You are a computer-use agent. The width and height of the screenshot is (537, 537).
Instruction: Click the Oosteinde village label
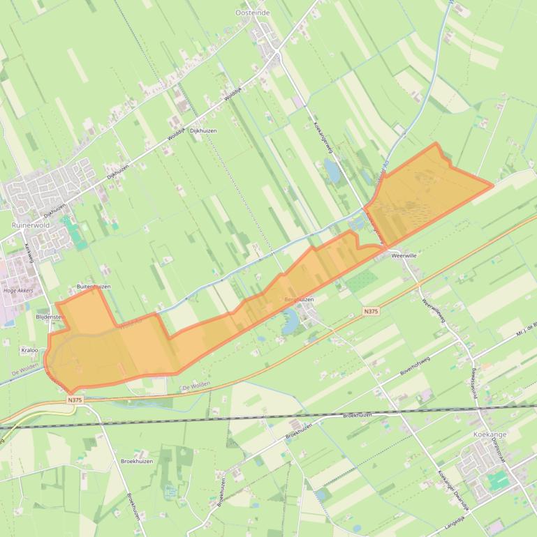coord(253,13)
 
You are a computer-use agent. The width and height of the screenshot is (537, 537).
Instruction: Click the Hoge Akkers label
coord(18,291)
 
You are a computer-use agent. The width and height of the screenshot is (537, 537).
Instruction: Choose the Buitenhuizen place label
coord(94,287)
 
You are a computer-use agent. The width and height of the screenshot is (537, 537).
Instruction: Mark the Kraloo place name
coord(30,350)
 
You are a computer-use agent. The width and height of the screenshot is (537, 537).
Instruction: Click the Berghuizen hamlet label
coord(299,299)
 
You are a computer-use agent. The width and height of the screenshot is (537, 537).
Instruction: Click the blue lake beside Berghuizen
coord(290,320)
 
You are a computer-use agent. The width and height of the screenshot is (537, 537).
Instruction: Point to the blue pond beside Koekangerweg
coord(332,169)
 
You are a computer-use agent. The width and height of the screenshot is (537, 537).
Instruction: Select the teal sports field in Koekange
coord(499,481)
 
